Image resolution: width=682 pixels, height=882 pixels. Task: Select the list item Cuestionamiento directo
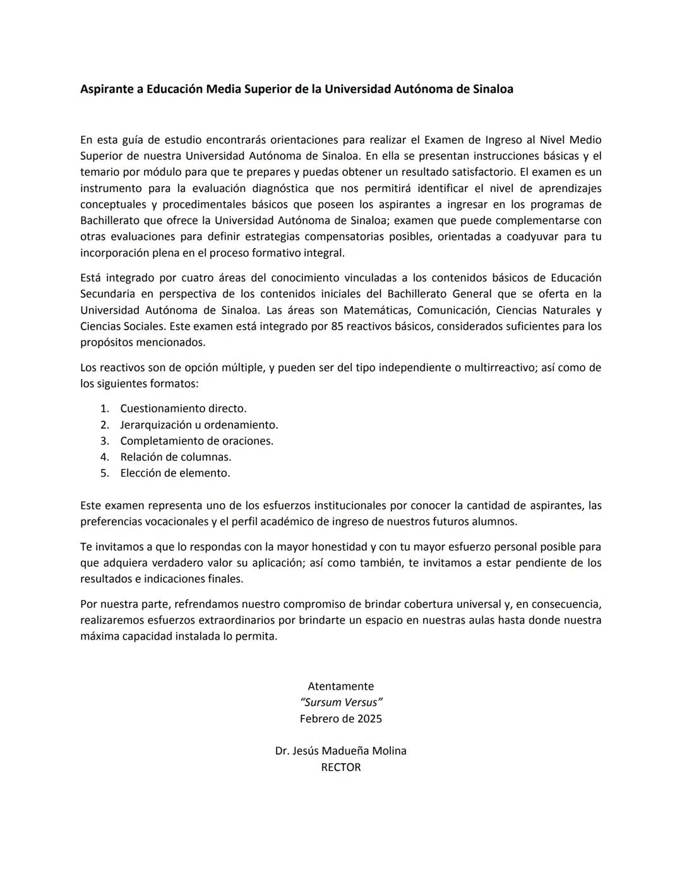pyautogui.click(x=183, y=408)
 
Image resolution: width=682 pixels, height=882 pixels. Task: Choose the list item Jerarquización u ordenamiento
pyautogui.click(x=199, y=425)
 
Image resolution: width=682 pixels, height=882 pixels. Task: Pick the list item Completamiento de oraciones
pyautogui.click(x=196, y=441)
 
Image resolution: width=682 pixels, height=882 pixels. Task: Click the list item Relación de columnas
pyautogui.click(x=176, y=456)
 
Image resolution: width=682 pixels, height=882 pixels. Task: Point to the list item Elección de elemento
pyautogui.click(x=175, y=473)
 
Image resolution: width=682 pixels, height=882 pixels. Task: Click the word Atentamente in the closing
pyautogui.click(x=340, y=686)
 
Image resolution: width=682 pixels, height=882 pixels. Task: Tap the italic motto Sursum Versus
pyautogui.click(x=341, y=702)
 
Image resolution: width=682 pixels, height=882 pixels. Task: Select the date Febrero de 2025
pyautogui.click(x=340, y=718)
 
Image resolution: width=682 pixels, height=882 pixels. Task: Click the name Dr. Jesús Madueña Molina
pyautogui.click(x=340, y=751)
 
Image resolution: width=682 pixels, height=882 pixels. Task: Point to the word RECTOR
pyautogui.click(x=340, y=767)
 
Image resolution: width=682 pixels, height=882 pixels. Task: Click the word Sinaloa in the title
pyautogui.click(x=493, y=89)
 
